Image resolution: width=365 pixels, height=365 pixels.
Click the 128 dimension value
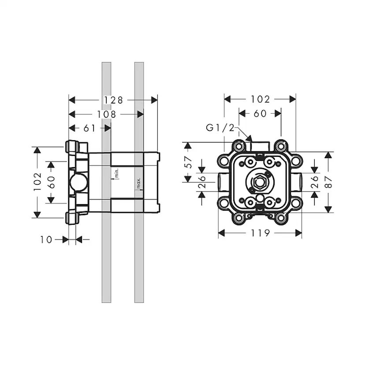pos(113,100)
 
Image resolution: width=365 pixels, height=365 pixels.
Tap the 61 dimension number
pos(89,128)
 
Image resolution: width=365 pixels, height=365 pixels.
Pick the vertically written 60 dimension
pos(51,182)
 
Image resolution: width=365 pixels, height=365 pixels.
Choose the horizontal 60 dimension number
pos(260,114)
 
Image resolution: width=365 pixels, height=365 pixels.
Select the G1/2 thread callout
pos(220,128)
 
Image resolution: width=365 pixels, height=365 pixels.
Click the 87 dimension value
pos(329,182)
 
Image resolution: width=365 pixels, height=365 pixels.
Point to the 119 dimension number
pos(260,233)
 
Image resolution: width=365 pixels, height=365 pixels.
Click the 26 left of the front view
pos(202,182)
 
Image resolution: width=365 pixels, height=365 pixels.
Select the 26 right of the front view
pos(315,182)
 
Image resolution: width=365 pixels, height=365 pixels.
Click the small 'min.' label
pos(117,173)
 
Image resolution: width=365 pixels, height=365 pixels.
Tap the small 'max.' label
pos(138,182)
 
